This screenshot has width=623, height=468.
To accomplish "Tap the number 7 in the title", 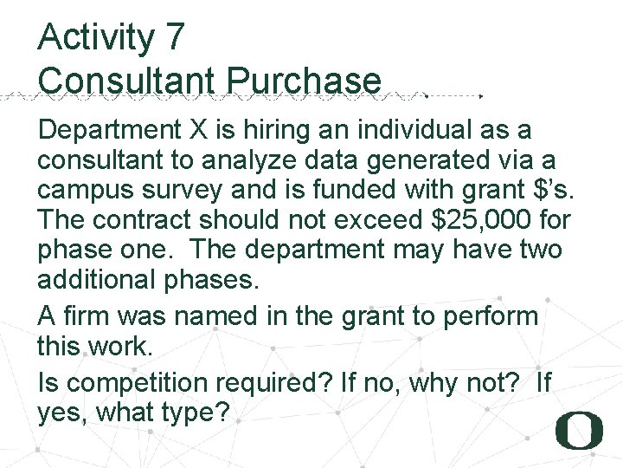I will click(x=172, y=37).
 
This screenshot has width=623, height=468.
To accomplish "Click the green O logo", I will click(x=580, y=430).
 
